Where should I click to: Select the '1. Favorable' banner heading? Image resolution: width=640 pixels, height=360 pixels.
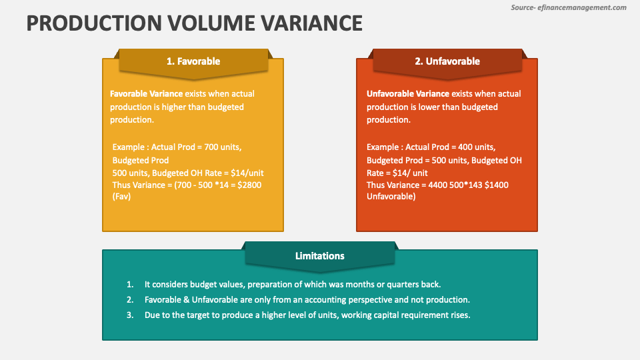point(193,61)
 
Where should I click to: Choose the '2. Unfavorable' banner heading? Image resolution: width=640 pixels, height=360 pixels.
point(447,61)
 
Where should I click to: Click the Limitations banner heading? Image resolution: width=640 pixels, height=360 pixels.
point(320,256)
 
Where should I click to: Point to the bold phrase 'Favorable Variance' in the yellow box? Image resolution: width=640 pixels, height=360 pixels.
point(146,94)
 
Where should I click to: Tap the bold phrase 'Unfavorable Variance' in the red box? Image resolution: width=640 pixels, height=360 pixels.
point(407,94)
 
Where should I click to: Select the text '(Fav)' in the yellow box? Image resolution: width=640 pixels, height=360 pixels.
point(121,197)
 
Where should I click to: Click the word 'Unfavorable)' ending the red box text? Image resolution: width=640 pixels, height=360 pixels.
point(391,197)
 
